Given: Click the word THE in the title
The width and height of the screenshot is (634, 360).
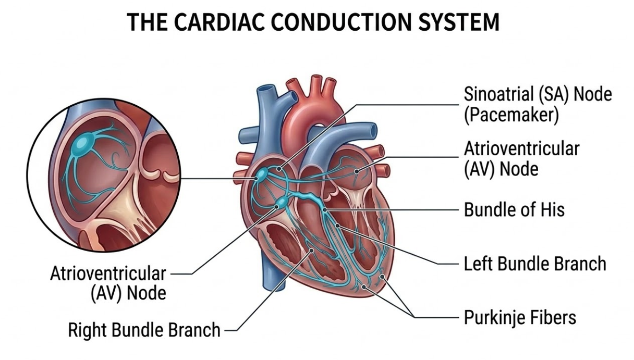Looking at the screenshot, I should point(147,23).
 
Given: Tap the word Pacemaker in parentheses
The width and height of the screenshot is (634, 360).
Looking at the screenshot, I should point(511,115).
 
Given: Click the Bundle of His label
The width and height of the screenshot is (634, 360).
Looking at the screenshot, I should point(514,210).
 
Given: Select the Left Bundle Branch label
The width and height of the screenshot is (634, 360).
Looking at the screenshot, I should point(535,264).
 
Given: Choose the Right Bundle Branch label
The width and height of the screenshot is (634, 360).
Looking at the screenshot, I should point(144,330).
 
